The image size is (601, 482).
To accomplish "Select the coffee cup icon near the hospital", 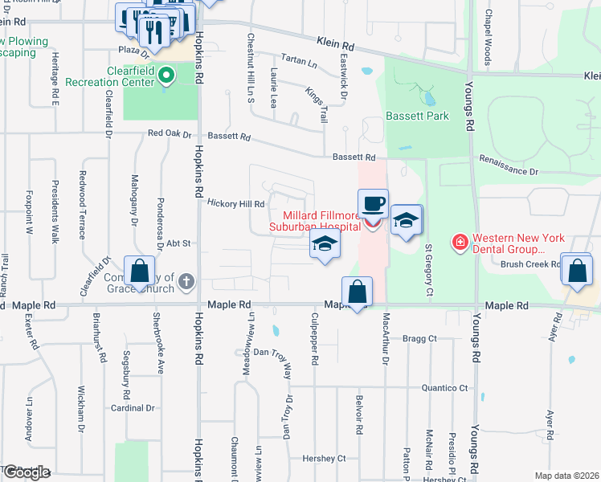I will click(x=372, y=205).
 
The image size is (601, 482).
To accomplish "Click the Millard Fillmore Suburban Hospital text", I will click(x=323, y=222).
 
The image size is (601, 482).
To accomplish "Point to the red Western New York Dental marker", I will click(x=460, y=242).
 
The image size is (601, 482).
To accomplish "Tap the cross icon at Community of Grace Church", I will click(x=186, y=281).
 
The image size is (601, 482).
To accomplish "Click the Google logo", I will click(x=26, y=473).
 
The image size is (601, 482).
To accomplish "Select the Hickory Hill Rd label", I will click(x=236, y=204).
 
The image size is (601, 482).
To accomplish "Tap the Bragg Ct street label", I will click(x=419, y=338).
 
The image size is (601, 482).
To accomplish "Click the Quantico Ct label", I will click(x=444, y=388).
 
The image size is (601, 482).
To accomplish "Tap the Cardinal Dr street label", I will click(x=133, y=408).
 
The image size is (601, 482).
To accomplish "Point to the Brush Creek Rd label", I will click(x=529, y=263).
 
